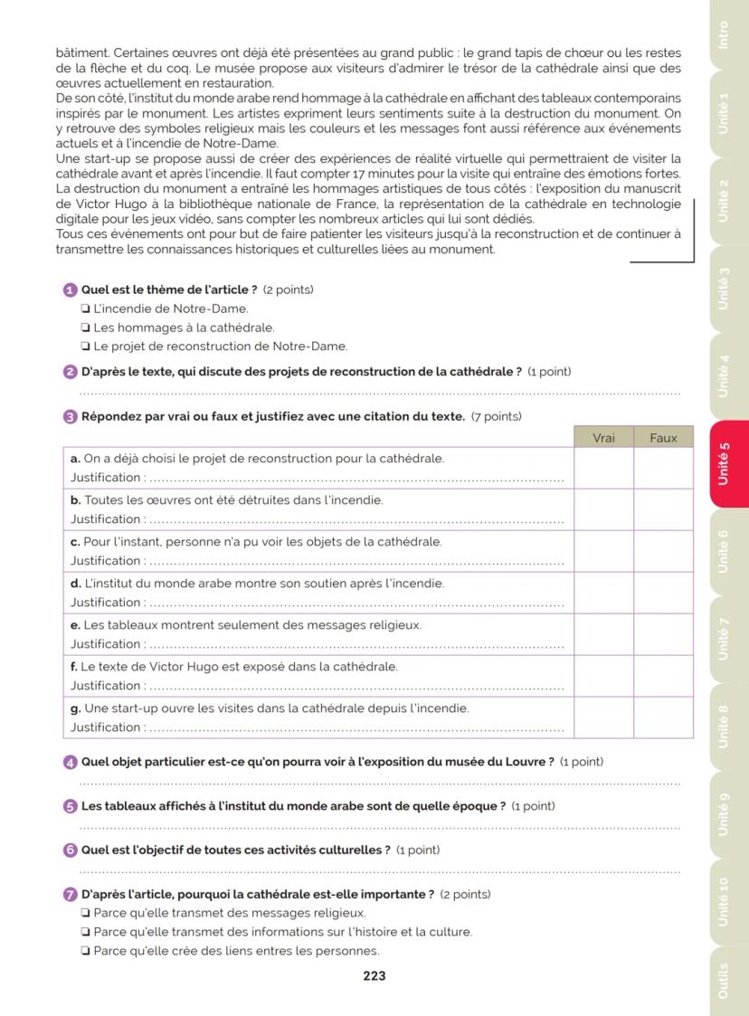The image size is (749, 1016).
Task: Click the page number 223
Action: click(x=374, y=975)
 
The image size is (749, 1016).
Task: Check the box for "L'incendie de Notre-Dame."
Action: click(x=85, y=309)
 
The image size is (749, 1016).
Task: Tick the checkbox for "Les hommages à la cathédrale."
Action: click(x=85, y=328)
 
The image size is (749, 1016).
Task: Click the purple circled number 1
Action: click(x=71, y=290)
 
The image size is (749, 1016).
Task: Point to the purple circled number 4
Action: click(x=71, y=762)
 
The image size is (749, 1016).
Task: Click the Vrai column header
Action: click(x=603, y=437)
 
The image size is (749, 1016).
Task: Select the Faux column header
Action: click(x=663, y=437)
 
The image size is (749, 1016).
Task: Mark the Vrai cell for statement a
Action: click(x=603, y=468)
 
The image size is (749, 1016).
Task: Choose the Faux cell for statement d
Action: click(x=663, y=593)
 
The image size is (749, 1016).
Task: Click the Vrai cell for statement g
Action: click(x=603, y=717)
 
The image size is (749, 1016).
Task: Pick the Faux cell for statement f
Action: click(x=663, y=676)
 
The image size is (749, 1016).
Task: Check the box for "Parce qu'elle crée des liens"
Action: click(x=85, y=951)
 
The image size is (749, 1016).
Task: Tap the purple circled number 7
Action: click(x=71, y=895)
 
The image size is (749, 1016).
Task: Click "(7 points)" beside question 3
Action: click(x=497, y=417)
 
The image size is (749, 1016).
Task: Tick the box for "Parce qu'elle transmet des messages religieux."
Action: click(x=85, y=914)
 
